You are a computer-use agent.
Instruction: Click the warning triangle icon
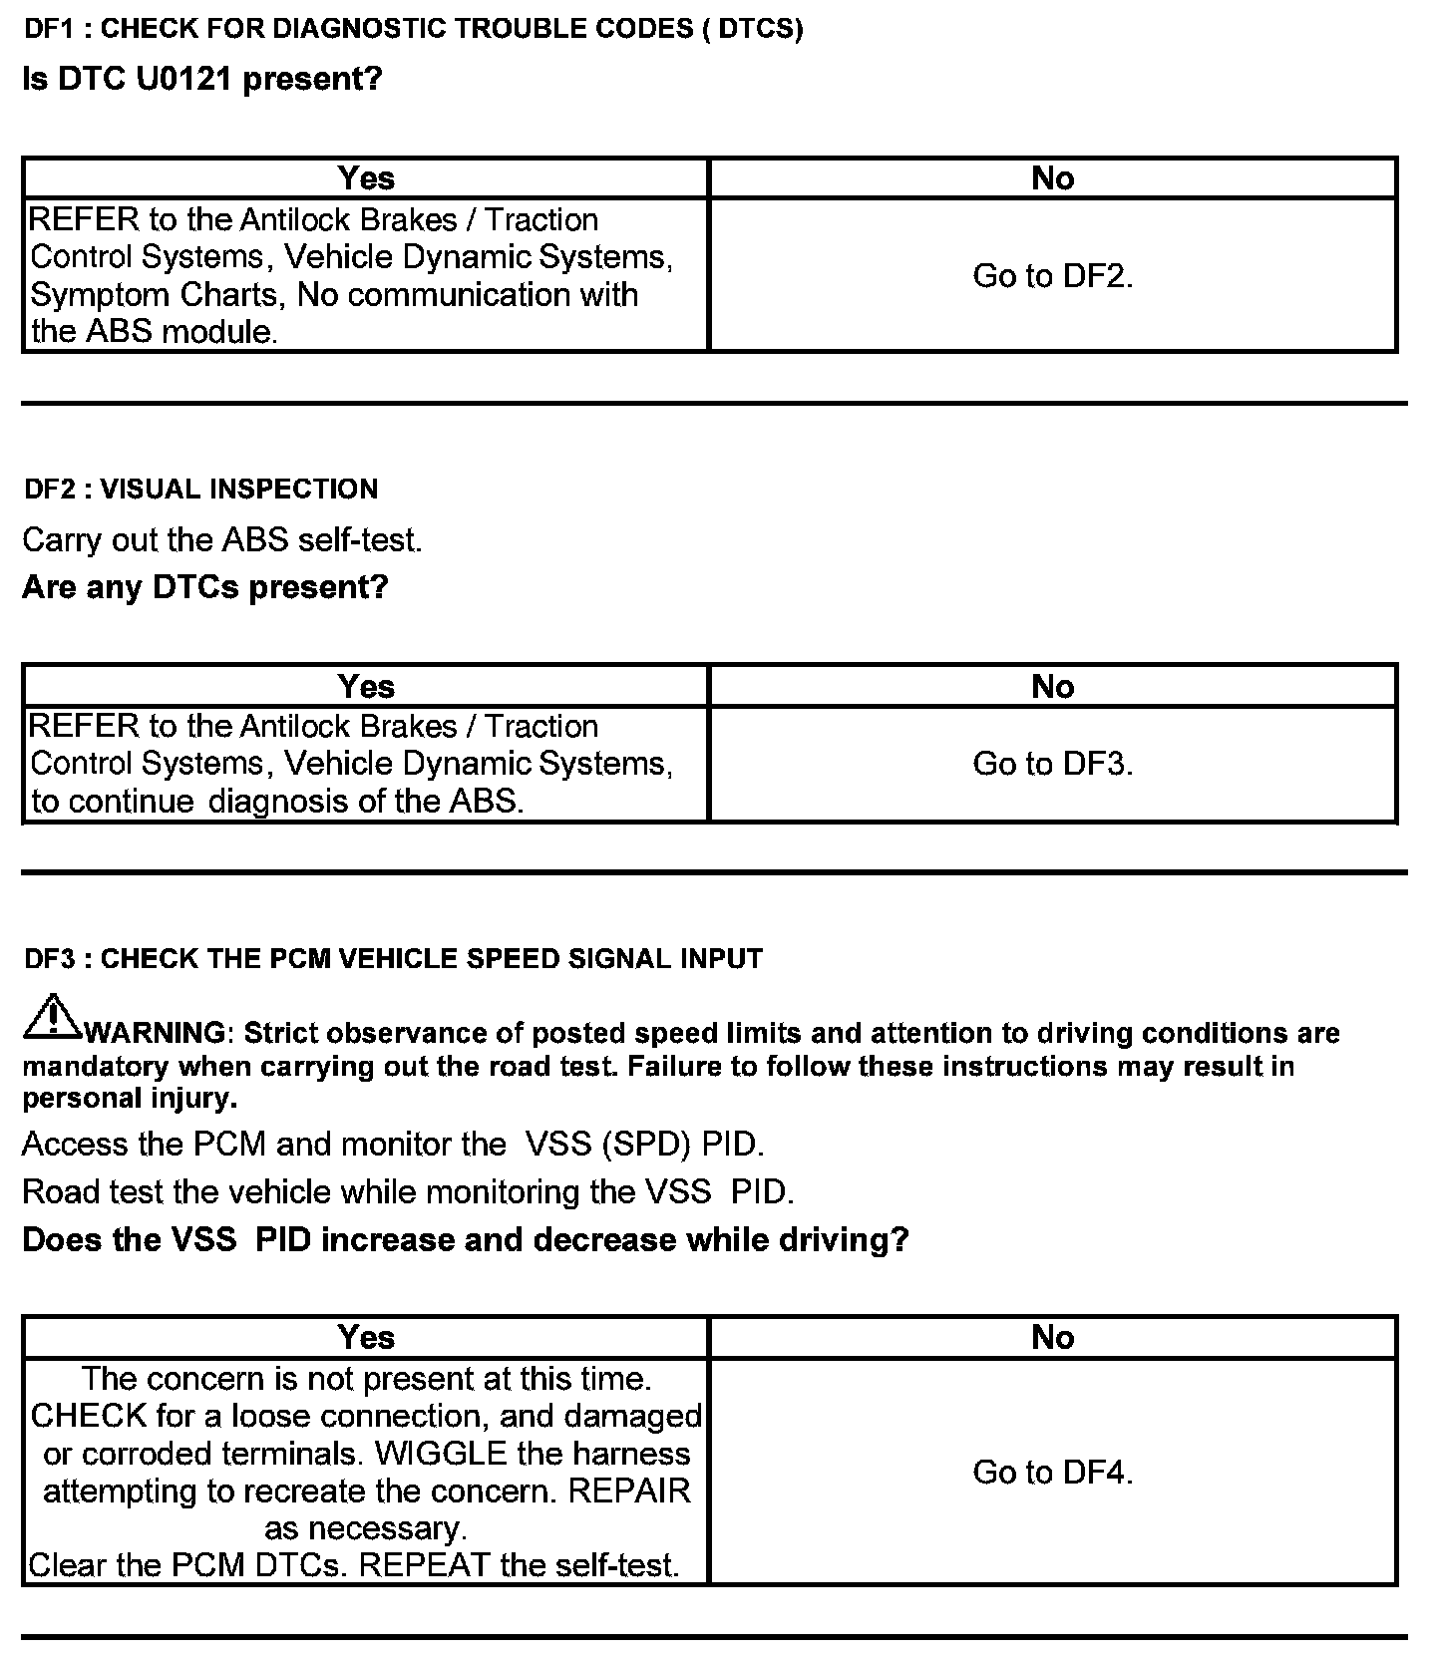(x=52, y=1017)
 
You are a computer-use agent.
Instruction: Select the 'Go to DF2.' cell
(x=1052, y=275)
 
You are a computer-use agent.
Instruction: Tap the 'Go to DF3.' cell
(x=1052, y=764)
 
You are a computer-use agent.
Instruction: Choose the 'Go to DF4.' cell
(x=1052, y=1472)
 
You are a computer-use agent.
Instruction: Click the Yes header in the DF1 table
(x=366, y=178)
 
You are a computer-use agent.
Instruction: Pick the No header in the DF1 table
(x=1052, y=178)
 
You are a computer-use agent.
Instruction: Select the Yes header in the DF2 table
(x=366, y=686)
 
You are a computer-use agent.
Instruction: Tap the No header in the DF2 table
(x=1052, y=686)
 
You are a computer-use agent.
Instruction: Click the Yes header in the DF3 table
(x=366, y=1337)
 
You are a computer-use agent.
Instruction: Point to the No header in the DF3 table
(x=1052, y=1337)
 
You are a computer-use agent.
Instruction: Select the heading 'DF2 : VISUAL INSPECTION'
(x=200, y=489)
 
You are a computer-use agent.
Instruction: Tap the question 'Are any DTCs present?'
(x=204, y=587)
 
